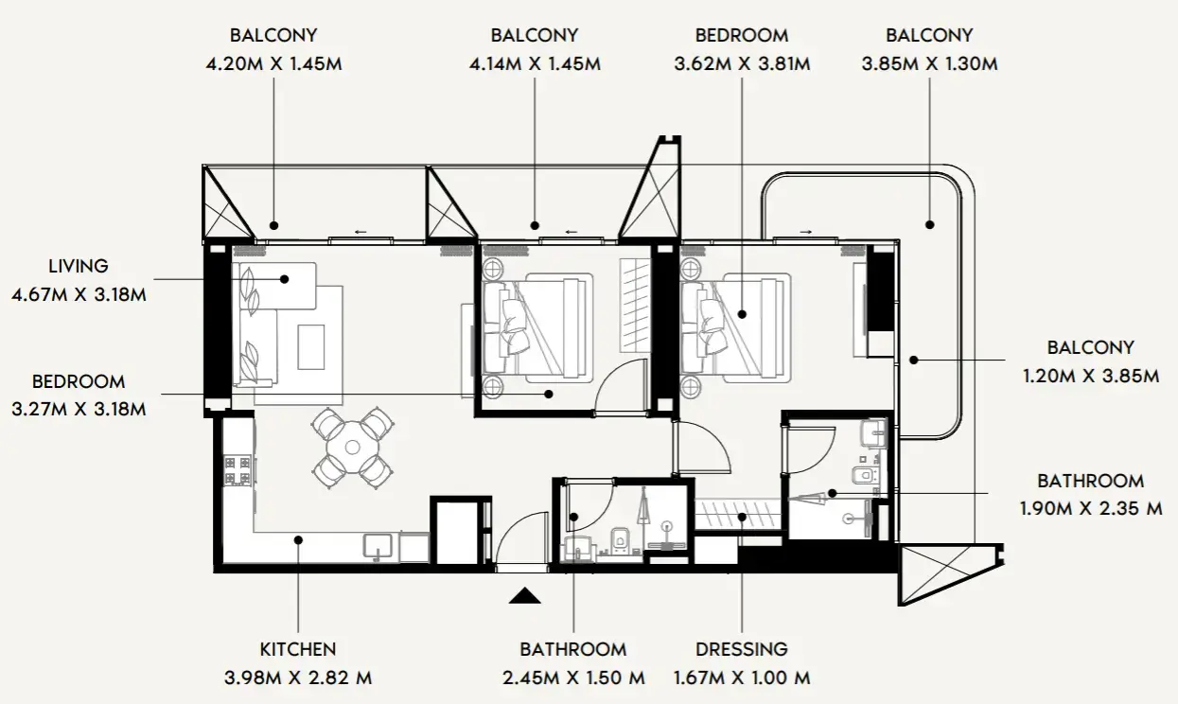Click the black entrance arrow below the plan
coord(524,595)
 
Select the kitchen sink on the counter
coord(379,545)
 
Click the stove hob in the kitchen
coord(237,468)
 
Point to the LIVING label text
coord(79,267)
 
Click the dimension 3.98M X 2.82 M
coord(297,678)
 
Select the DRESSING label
coord(741,649)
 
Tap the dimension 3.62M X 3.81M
coord(741,64)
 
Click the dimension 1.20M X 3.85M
coord(1090,376)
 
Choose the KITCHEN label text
coord(297,649)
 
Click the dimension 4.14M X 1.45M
coord(534,64)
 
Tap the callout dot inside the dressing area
coord(743,517)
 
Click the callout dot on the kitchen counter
coord(297,540)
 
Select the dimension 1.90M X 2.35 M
coord(1090,509)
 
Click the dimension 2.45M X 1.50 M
coord(572,678)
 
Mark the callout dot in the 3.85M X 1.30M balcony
coord(929,225)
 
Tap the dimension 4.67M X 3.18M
coord(79,294)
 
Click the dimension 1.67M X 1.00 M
coord(741,678)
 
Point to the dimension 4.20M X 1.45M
coord(273,64)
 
